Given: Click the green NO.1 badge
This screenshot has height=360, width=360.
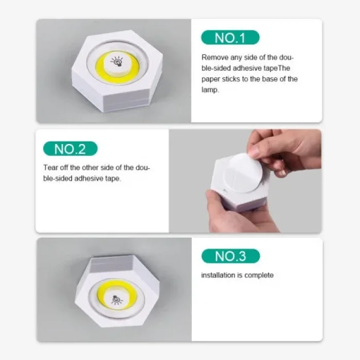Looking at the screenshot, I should (230, 38).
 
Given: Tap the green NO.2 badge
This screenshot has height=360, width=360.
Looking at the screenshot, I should (70, 149).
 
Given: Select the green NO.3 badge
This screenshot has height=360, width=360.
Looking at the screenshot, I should (230, 256).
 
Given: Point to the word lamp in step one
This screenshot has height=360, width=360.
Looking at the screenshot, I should (210, 89).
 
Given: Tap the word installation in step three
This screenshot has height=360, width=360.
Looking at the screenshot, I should (218, 275).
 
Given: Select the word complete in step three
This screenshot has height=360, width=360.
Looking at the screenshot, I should (259, 275).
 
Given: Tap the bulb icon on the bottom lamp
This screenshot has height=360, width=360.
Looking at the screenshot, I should (117, 299).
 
